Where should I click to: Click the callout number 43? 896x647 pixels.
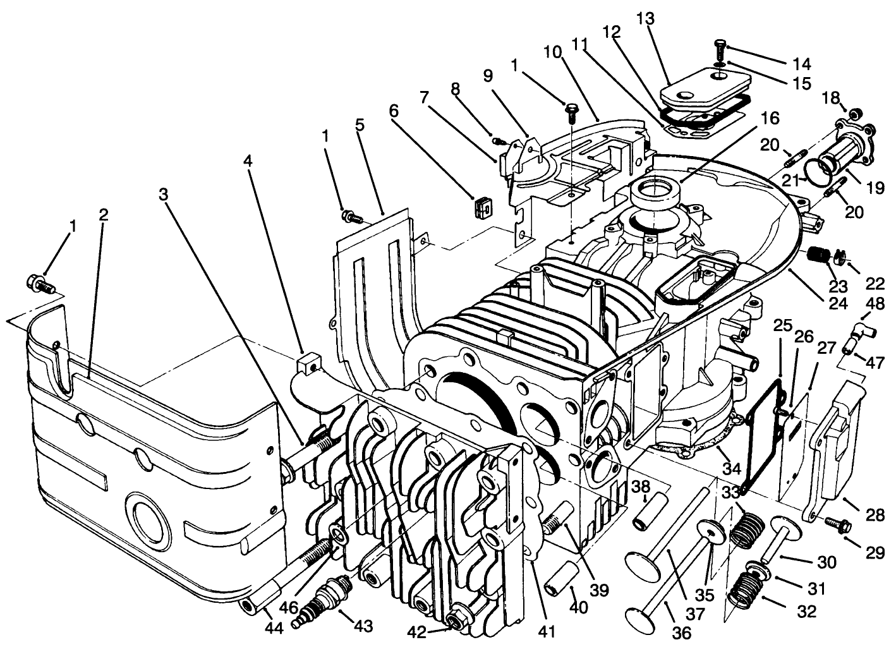coord(364,626)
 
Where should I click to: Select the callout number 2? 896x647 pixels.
coord(104,215)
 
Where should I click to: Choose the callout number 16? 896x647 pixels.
coord(770,118)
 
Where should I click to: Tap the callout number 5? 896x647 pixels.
coord(360,124)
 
